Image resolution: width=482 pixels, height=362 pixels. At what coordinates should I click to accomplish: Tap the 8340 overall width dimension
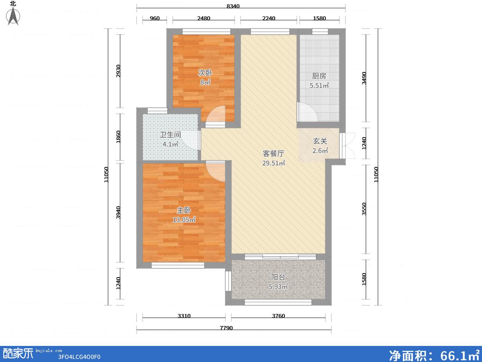[233, 6]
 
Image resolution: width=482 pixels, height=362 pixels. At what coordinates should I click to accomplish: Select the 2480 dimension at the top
[204, 18]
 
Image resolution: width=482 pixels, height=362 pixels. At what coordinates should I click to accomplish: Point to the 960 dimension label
[155, 18]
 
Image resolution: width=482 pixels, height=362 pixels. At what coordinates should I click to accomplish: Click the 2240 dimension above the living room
[269, 18]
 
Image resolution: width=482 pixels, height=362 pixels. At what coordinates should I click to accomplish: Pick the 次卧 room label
[205, 72]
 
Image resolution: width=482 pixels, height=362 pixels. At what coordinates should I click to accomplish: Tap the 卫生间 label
[170, 134]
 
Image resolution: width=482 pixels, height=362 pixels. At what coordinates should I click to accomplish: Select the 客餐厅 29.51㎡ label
[274, 158]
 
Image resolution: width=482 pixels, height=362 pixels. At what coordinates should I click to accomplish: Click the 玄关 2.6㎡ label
[320, 146]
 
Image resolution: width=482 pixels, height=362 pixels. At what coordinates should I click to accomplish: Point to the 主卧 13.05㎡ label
[184, 215]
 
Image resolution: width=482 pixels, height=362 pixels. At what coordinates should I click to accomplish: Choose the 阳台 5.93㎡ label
[278, 282]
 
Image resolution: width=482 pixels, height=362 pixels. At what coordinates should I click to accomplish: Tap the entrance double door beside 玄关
[347, 146]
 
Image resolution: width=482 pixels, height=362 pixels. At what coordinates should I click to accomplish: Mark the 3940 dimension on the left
[118, 212]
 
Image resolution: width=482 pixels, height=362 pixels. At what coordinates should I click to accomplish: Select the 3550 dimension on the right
[364, 209]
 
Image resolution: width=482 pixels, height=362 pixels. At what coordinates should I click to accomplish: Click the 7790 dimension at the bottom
[226, 328]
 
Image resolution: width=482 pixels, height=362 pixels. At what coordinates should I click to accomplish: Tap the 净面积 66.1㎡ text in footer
[434, 355]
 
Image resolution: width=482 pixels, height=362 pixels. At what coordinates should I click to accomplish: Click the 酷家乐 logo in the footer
[18, 354]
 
